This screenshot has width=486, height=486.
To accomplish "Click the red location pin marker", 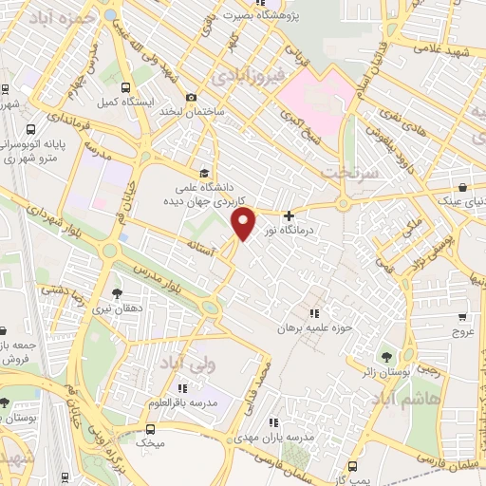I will pos(244,223).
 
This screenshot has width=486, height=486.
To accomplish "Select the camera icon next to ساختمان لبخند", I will pos(191,98).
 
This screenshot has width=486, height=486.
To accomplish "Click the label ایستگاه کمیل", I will pos(120,100).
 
